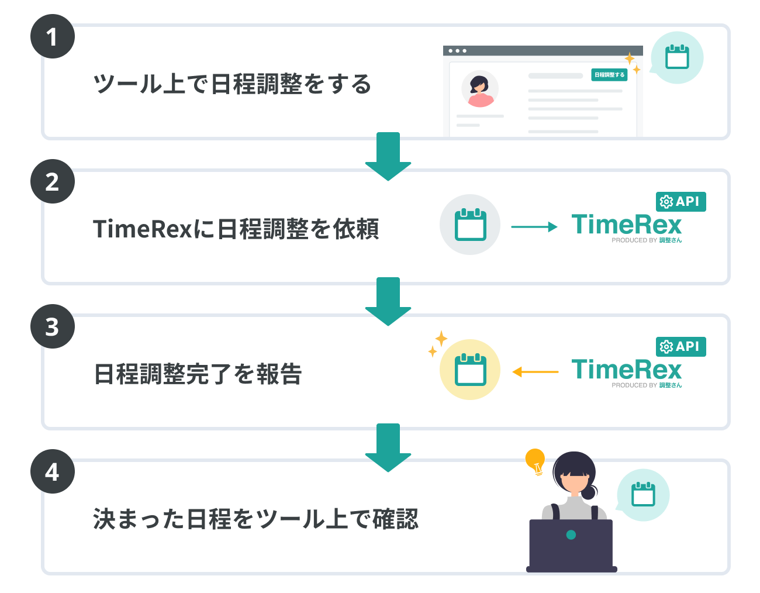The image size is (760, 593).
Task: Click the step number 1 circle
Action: (x=53, y=36)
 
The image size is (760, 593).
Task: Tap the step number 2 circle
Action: (x=53, y=181)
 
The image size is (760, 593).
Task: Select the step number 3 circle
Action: (x=53, y=326)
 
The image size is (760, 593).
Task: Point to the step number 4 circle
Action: (x=53, y=471)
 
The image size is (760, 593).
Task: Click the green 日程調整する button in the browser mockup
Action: (x=609, y=75)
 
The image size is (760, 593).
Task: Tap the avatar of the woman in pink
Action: (x=480, y=89)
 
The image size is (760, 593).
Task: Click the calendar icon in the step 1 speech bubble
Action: (x=677, y=57)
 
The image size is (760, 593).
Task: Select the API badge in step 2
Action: (x=680, y=202)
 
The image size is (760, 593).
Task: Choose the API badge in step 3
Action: (x=680, y=347)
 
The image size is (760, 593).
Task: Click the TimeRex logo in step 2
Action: (x=627, y=226)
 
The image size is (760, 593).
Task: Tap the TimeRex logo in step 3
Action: (x=627, y=371)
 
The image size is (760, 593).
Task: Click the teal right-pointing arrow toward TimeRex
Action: (x=534, y=227)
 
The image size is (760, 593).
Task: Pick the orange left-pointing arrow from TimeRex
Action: (x=535, y=372)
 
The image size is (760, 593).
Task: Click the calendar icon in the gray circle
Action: (x=470, y=225)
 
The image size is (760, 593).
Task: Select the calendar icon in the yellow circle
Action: (x=470, y=370)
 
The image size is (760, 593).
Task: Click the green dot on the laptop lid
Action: (x=571, y=535)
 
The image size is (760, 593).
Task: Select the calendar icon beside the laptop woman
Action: (x=643, y=495)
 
